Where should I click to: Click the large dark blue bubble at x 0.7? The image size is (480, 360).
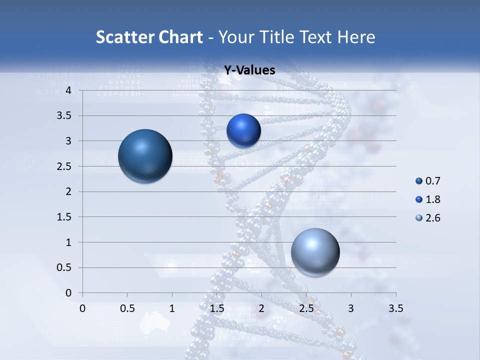(x=145, y=156)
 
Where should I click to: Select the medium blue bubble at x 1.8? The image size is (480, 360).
(x=243, y=130)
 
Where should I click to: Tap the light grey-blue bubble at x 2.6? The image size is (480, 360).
(x=315, y=252)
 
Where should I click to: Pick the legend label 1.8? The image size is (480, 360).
(x=432, y=199)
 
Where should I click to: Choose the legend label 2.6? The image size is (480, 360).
(x=432, y=218)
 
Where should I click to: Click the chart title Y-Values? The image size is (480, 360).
(x=249, y=70)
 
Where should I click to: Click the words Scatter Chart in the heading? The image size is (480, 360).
(x=149, y=37)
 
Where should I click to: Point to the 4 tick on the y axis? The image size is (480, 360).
(x=68, y=90)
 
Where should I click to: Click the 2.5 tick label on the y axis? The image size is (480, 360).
(x=63, y=166)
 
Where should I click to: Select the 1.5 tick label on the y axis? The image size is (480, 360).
(x=63, y=217)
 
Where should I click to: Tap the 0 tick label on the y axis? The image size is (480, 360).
(x=68, y=293)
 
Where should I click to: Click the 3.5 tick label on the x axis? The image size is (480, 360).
(x=395, y=308)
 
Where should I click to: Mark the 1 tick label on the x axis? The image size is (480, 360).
(x=172, y=308)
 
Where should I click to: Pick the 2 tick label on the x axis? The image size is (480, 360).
(x=261, y=308)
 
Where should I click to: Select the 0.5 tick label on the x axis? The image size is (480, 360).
(x=127, y=308)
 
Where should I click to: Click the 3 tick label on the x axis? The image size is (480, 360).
(x=351, y=308)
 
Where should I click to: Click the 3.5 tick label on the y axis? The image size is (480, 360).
(x=63, y=116)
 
